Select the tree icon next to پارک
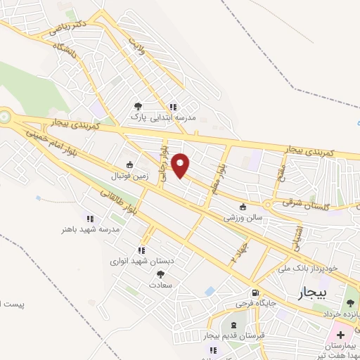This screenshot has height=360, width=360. coord(137,107)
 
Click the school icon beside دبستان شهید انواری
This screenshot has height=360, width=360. coord(141,250)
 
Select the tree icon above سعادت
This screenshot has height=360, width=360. coord(160,274)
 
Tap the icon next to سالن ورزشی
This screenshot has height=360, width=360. coord(243,207)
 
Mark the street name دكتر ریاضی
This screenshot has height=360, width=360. coord(63,28)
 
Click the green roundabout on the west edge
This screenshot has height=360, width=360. coord(4,116)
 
